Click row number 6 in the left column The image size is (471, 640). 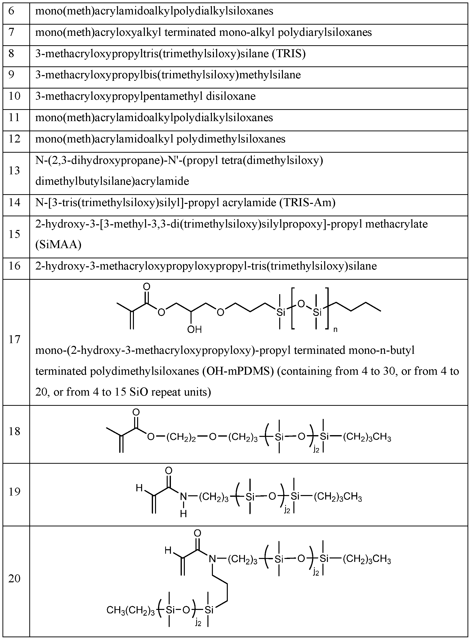pos(11,11)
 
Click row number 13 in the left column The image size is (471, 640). pos(14,170)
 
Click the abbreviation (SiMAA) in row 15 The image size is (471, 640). pos(58,244)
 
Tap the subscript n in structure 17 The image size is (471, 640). pos(335,329)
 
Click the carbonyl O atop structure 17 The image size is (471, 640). pos(147,286)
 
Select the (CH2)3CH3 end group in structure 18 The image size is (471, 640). pos(367,437)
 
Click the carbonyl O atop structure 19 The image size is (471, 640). pos(169,470)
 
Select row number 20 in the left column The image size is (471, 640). pos(14,578)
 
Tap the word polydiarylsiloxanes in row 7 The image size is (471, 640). pos(325,32)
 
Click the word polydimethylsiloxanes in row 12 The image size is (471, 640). pos(231,139)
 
